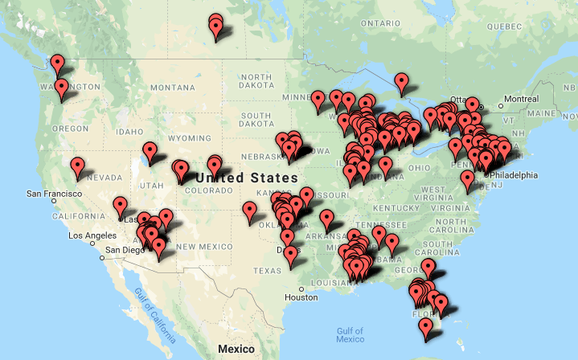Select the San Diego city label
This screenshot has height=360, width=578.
124,249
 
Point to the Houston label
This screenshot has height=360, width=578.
301,297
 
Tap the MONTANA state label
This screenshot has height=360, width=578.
172,87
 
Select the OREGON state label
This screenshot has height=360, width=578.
70,129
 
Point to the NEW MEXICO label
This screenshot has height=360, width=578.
198,247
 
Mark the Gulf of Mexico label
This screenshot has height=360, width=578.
351,334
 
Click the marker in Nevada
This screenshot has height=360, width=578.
77,167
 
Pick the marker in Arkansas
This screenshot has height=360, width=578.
326,219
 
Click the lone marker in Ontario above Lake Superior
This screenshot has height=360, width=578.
402,81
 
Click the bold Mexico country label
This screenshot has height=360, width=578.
236,350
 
